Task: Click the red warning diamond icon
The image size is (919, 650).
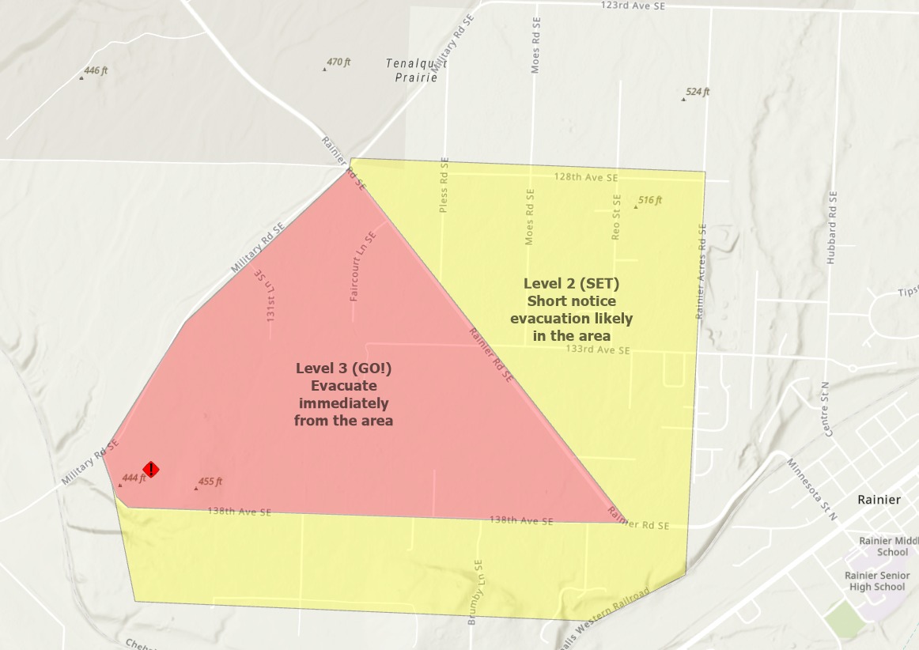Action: [x=150, y=470]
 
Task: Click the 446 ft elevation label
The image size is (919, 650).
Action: [x=95, y=71]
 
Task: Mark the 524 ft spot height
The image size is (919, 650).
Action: [x=697, y=93]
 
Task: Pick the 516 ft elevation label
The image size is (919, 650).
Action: [x=649, y=201]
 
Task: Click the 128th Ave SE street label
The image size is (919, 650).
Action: [x=586, y=177]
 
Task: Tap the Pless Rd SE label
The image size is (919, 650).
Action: [x=444, y=185]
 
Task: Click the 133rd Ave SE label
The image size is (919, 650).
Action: [x=603, y=349]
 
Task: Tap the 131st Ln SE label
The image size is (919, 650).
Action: [x=264, y=294]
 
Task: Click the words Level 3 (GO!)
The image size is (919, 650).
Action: [x=343, y=368]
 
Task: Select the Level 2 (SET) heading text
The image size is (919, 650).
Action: [x=571, y=283]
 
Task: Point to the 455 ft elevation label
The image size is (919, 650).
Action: [x=210, y=482]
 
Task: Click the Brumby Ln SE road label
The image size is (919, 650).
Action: [x=476, y=593]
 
